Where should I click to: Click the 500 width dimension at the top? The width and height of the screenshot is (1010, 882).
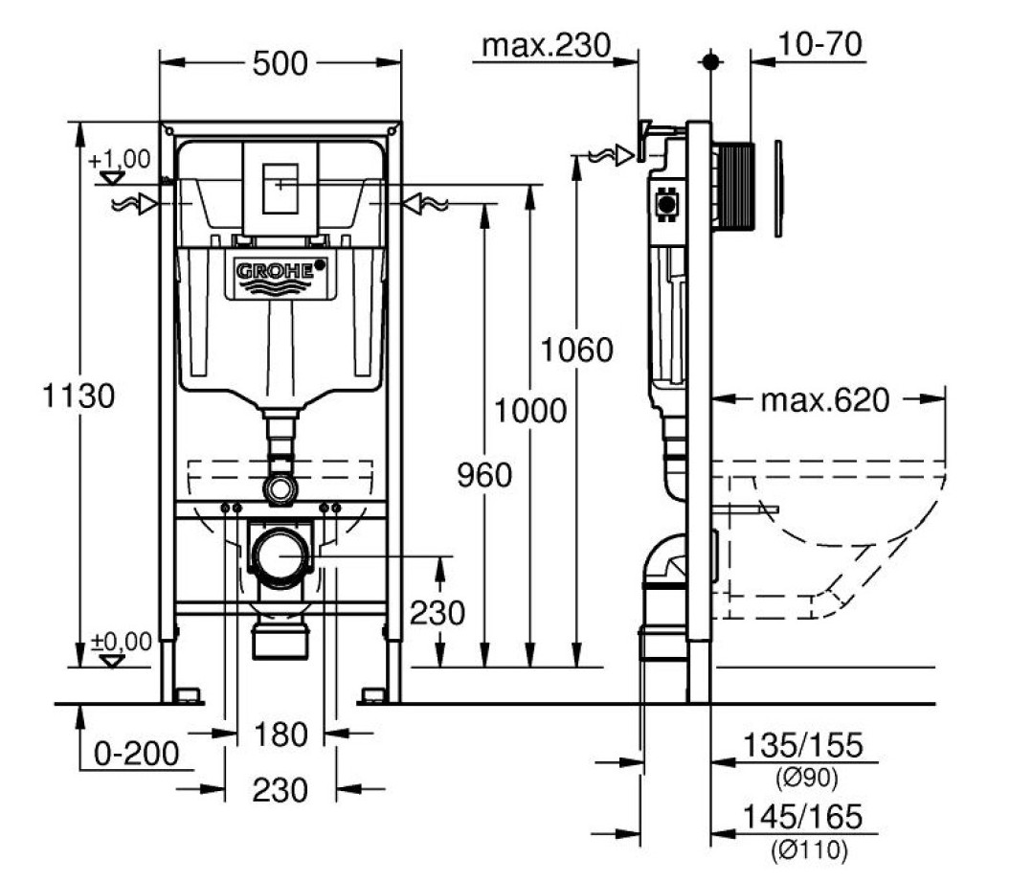[281, 64]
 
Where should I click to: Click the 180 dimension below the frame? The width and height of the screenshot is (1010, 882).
[281, 735]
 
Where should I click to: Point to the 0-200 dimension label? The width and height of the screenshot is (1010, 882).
[136, 755]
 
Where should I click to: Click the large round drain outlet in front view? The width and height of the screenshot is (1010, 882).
[281, 554]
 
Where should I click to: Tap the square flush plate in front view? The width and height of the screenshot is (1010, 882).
[280, 187]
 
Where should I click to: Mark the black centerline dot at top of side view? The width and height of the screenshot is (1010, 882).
[710, 61]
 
